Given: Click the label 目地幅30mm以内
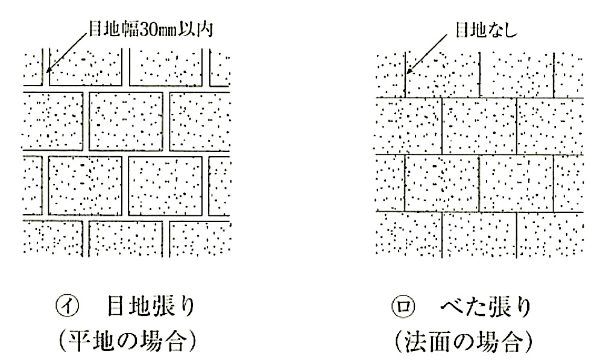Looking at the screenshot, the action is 151,30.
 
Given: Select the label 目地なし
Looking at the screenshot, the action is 487,30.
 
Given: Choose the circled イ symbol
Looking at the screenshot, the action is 68,306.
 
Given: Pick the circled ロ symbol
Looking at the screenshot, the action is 403,307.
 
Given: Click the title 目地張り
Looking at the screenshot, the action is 151,307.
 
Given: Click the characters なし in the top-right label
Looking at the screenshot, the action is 502,30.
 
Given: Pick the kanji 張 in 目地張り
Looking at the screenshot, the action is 163,307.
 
